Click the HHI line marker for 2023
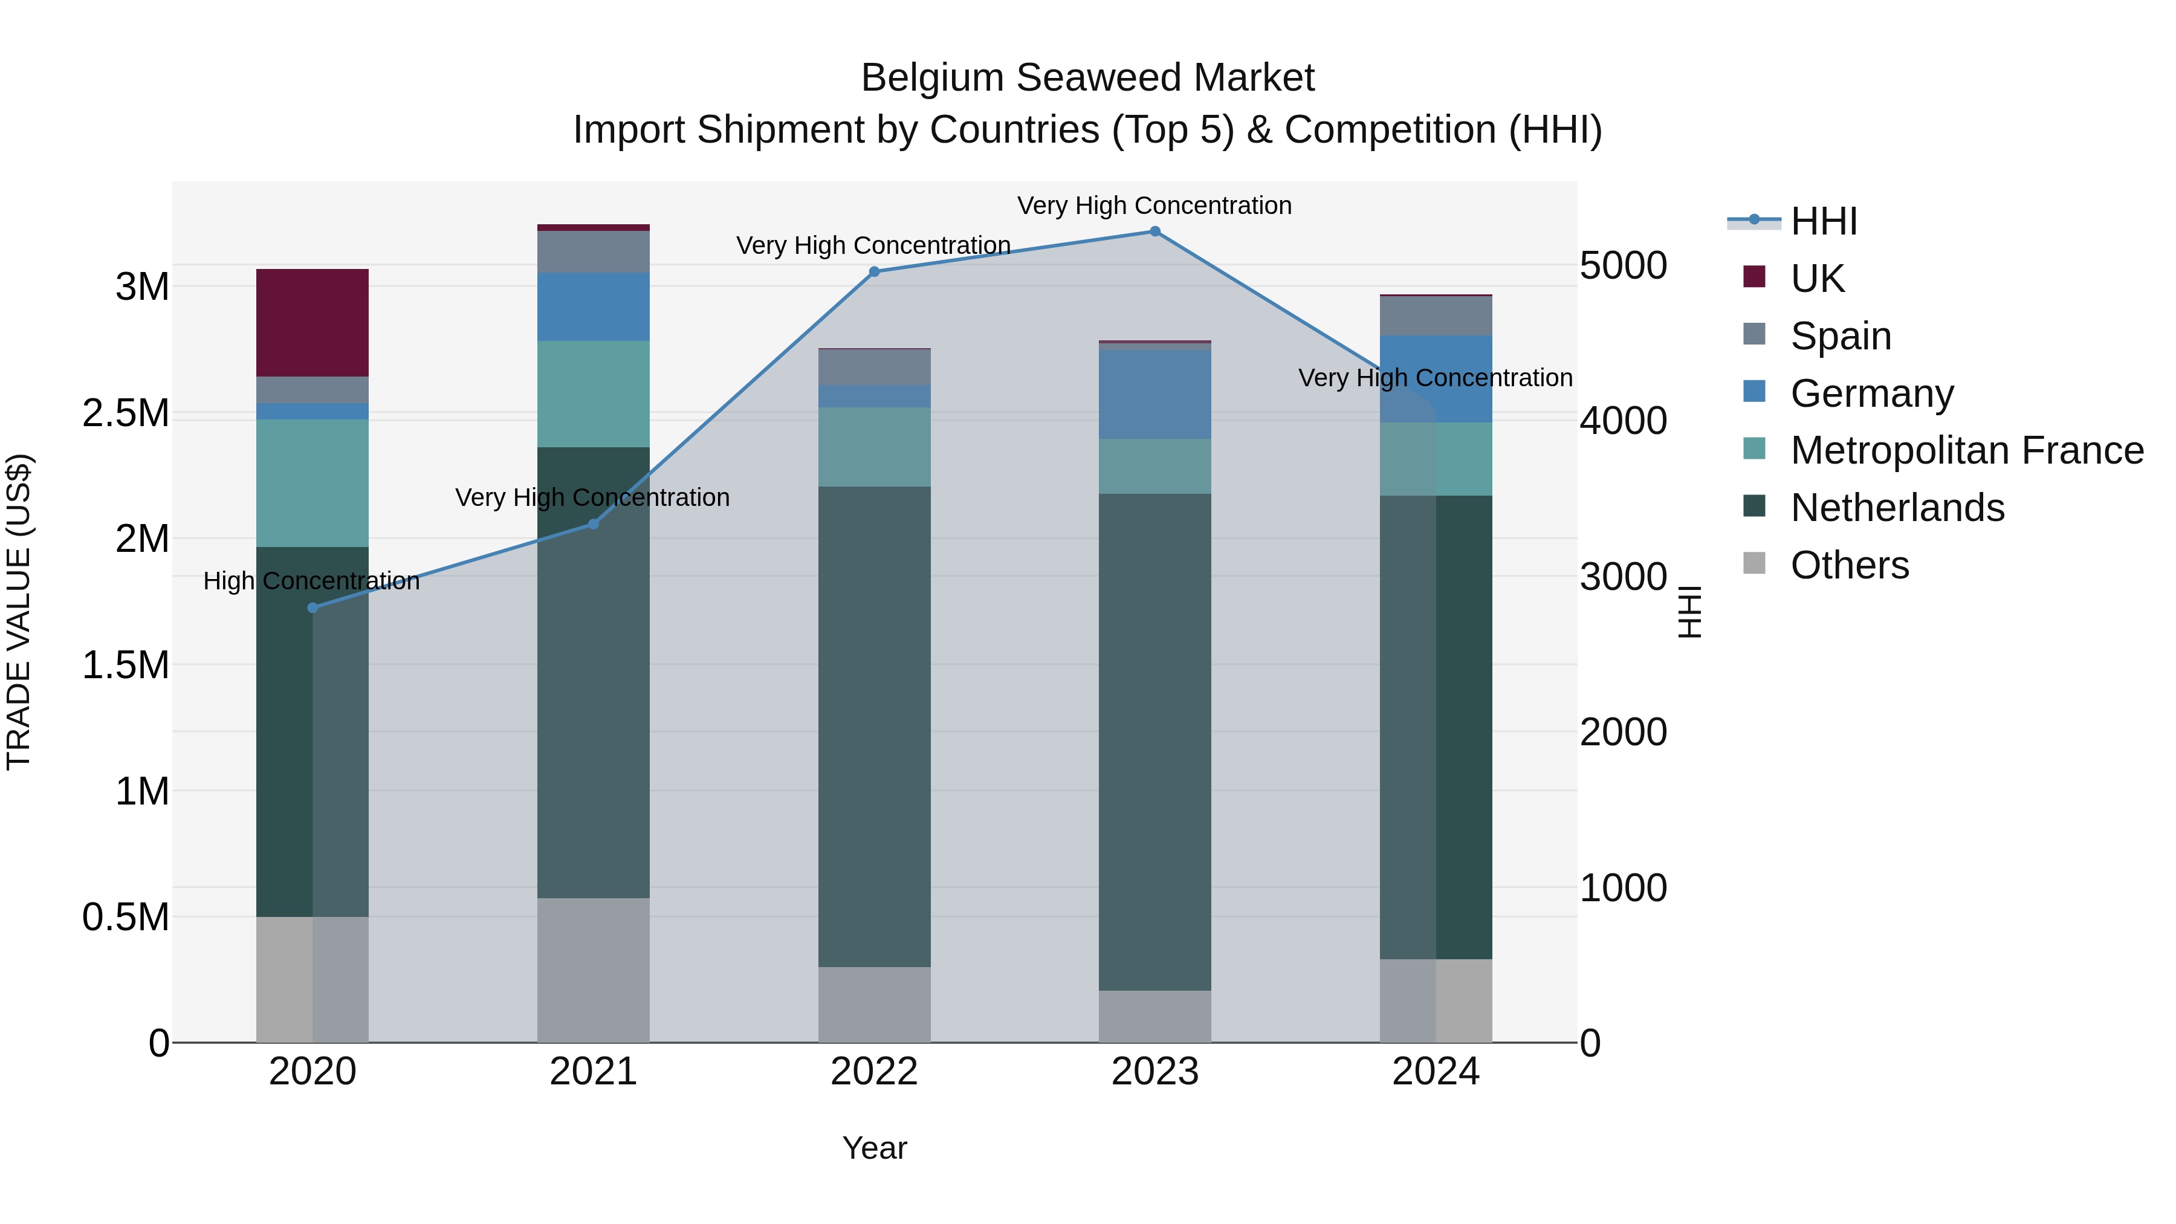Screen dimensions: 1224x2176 (1154, 232)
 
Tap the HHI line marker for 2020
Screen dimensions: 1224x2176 (312, 607)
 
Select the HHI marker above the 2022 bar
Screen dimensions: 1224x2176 (874, 272)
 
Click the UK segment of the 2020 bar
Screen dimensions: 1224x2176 (312, 323)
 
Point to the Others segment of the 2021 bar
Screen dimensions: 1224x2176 (593, 970)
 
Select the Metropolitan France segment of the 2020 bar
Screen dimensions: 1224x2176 (312, 483)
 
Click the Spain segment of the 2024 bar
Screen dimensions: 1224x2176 (1436, 316)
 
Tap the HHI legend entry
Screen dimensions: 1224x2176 (1823, 221)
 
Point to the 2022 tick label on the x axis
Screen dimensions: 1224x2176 (874, 1072)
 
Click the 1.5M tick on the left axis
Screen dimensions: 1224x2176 (126, 665)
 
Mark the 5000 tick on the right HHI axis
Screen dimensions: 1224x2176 (1624, 265)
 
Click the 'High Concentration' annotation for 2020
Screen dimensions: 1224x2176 (312, 581)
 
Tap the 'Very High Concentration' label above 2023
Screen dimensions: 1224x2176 (1154, 206)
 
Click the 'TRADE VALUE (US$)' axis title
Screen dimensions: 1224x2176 (19, 612)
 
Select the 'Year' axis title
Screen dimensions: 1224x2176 (874, 1148)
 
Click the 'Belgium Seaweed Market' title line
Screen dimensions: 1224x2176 (1087, 78)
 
